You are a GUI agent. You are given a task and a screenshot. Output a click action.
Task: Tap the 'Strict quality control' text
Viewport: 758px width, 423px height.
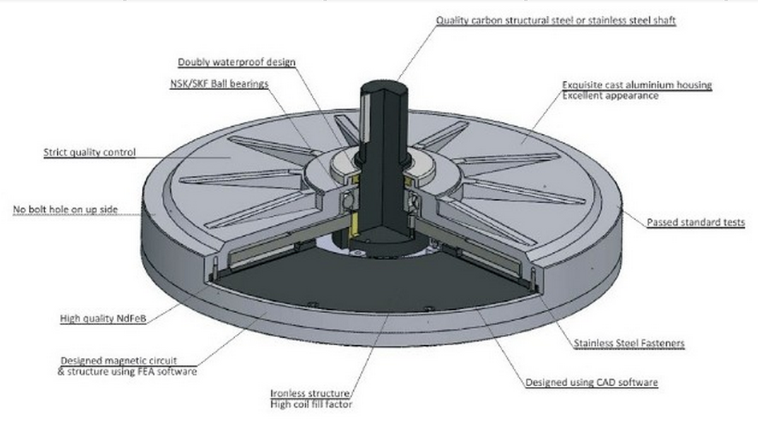[90, 152]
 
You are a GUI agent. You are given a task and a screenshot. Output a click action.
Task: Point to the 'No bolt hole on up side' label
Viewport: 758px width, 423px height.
[66, 210]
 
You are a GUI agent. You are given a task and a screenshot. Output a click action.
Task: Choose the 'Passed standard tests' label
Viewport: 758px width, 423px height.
[688, 222]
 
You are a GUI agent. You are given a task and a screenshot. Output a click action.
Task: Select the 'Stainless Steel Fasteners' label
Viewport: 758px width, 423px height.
[629, 344]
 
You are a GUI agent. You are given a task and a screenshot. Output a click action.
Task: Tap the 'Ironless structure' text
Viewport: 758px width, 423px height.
[310, 393]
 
